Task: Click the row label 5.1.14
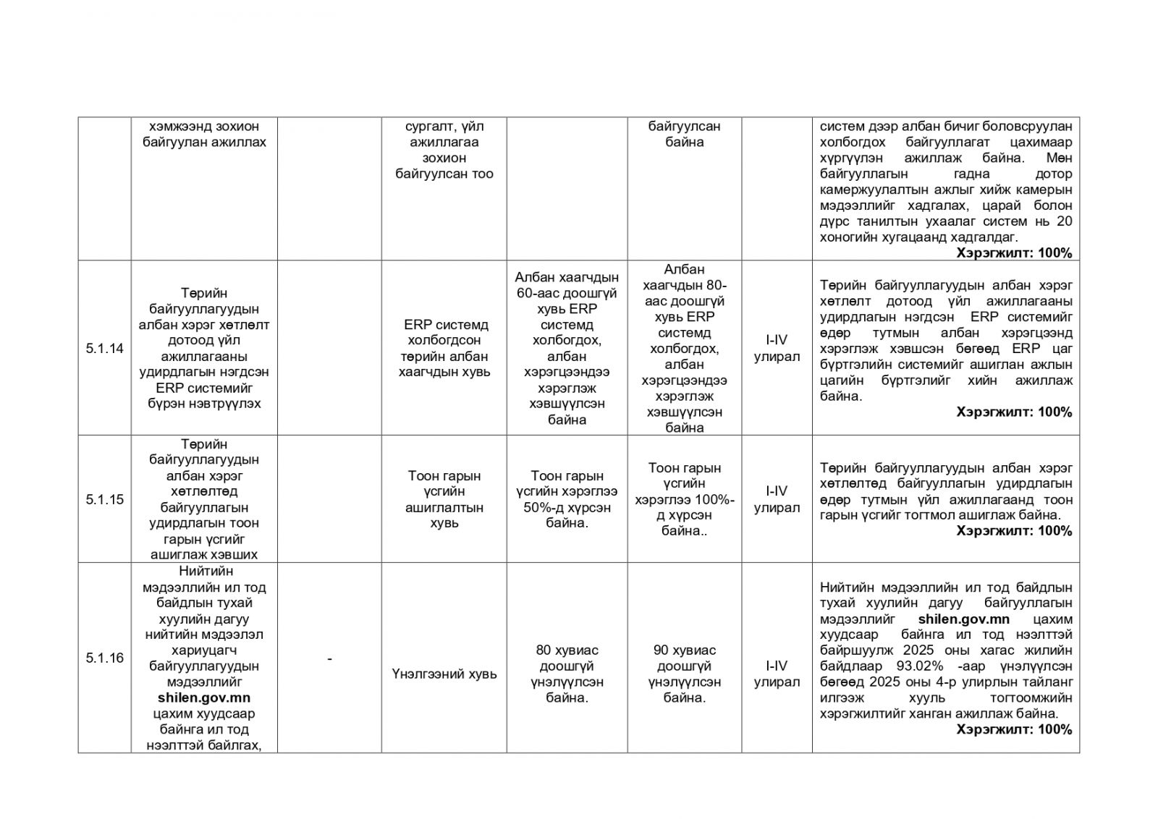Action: tap(104, 349)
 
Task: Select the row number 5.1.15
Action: tap(104, 499)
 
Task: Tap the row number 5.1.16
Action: tap(104, 658)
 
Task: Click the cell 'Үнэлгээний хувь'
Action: tap(444, 674)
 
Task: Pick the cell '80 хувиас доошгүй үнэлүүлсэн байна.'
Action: tap(567, 674)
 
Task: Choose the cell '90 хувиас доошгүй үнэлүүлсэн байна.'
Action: tap(684, 674)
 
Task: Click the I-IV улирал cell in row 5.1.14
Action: tap(777, 348)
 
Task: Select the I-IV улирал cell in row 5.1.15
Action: tap(777, 499)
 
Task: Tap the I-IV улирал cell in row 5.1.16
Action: tap(777, 674)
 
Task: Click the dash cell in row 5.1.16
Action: tap(330, 658)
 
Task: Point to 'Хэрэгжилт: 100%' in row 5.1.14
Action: tap(1014, 412)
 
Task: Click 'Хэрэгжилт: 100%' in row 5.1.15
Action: tap(1014, 531)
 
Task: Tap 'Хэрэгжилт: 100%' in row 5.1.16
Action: tap(1014, 729)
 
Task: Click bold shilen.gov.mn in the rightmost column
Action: tap(963, 619)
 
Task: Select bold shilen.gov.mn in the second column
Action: tap(204, 697)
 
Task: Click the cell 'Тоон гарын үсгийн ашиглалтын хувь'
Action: tap(444, 499)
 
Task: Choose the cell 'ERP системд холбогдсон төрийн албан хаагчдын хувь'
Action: tap(444, 348)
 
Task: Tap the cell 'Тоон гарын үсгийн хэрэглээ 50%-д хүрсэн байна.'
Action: tap(567, 499)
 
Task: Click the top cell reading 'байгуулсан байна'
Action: tap(684, 134)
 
